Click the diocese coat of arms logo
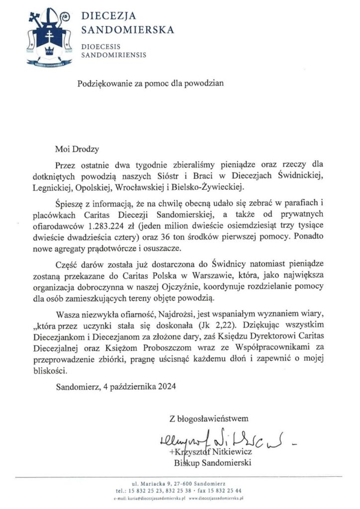[47, 37]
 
